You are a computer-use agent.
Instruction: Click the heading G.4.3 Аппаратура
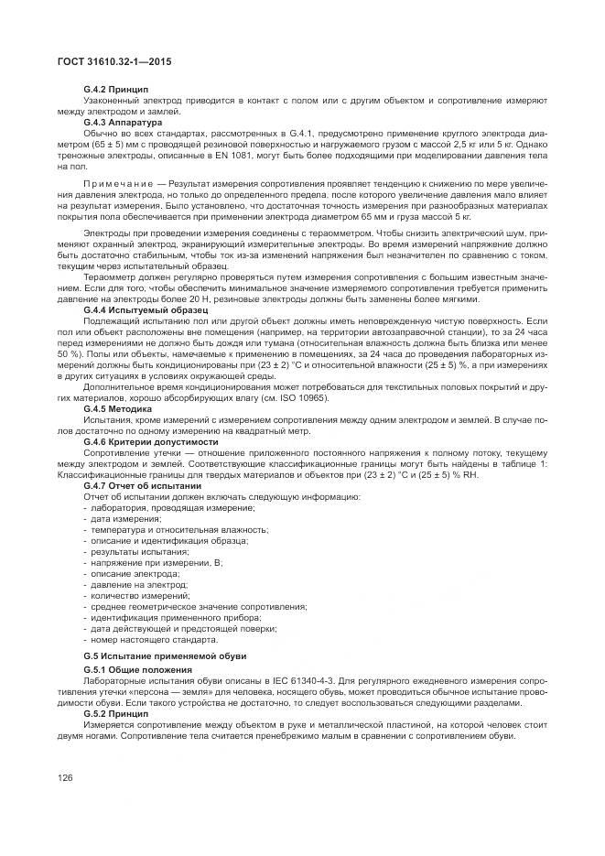point(123,122)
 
